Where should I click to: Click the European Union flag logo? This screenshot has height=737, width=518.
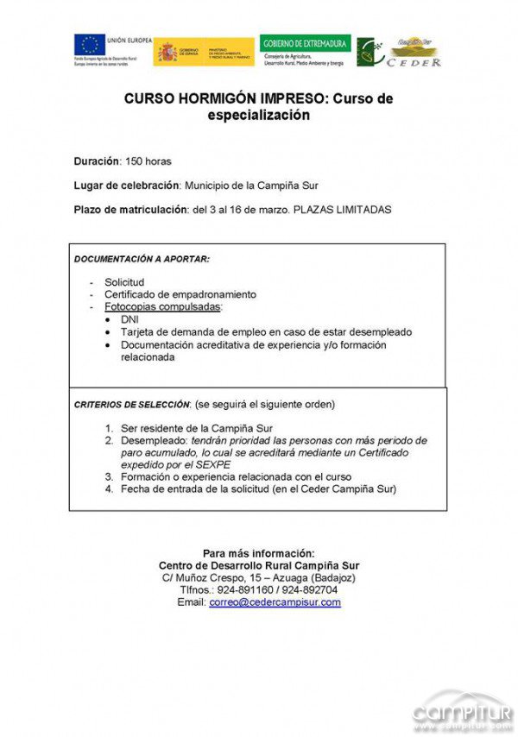point(89,44)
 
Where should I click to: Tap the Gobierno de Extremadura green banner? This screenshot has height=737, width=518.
point(305,43)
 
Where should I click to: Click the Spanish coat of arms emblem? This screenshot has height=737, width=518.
point(167,53)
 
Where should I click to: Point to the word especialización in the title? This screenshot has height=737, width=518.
point(258,115)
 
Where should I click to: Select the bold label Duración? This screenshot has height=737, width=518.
point(96,161)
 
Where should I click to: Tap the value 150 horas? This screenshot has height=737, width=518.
point(148,161)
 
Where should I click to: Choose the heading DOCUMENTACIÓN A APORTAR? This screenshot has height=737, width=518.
point(142,258)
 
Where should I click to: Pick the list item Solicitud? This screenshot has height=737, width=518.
point(124,282)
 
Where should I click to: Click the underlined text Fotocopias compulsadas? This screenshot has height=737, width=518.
point(162,306)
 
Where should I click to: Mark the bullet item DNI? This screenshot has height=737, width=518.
point(130,319)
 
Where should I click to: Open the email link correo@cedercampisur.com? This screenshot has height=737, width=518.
point(275,602)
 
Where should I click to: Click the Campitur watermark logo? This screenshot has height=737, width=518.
point(462,710)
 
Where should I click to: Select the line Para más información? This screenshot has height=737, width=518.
point(259,553)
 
